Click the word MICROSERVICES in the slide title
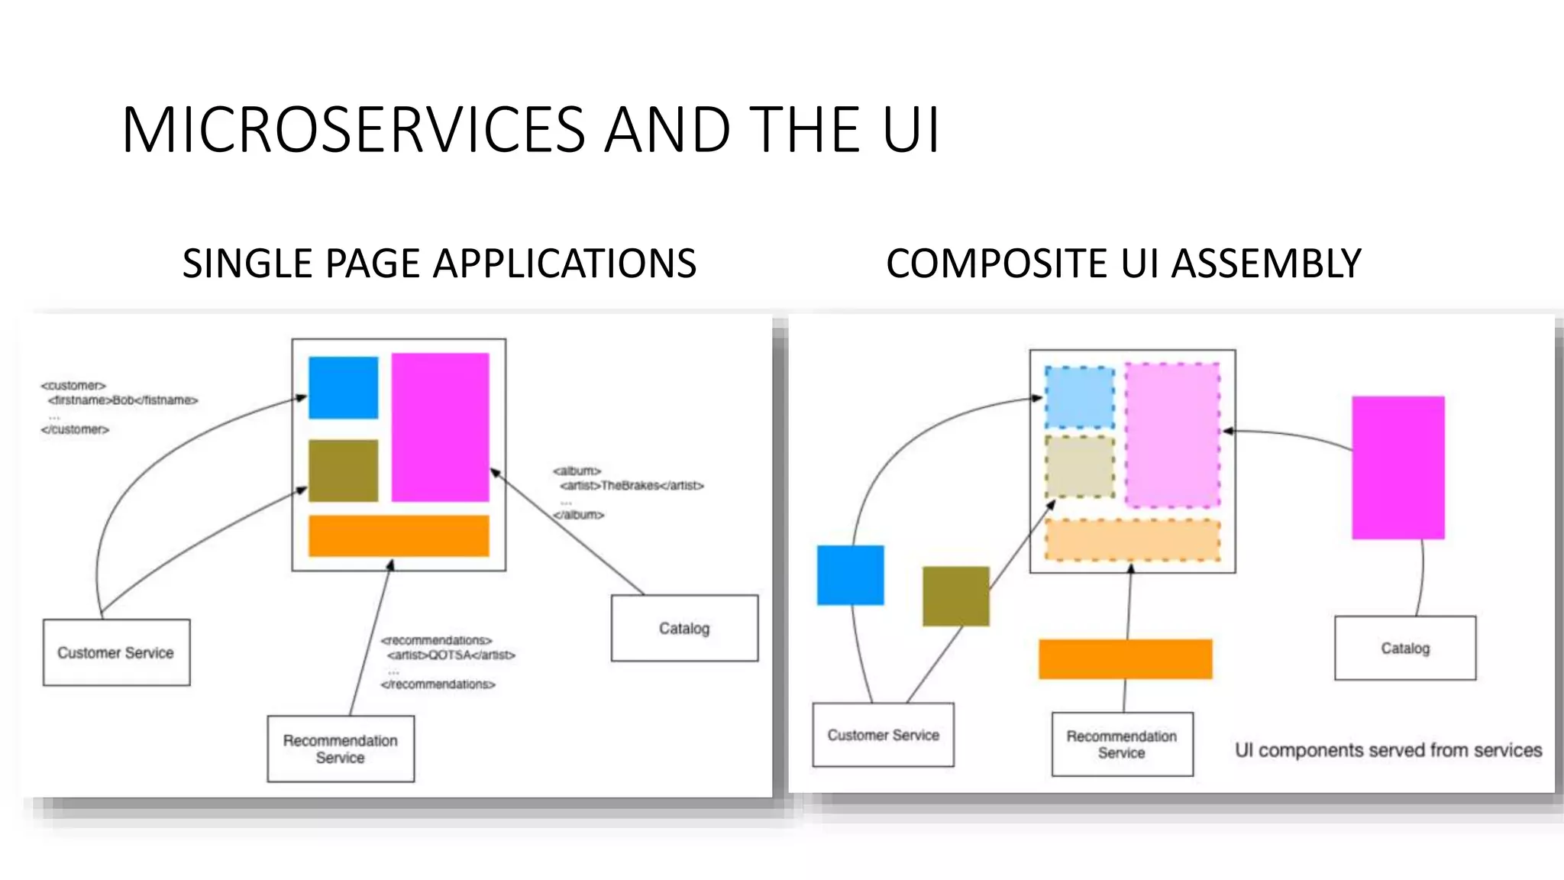[353, 130]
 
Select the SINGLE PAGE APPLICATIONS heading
[439, 264]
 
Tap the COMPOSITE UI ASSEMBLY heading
[1123, 264]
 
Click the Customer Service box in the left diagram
[116, 652]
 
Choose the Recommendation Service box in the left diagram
[341, 749]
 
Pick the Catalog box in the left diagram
[684, 628]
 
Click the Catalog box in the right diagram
[1405, 648]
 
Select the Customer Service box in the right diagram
[883, 735]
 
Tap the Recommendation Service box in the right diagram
[1122, 744]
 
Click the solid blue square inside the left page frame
[343, 387]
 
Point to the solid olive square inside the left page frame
[343, 471]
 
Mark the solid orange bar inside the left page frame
[399, 535]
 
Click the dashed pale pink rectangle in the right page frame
[1172, 435]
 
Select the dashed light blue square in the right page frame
[1079, 397]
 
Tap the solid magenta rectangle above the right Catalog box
[1398, 467]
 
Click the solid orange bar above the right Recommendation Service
[1125, 659]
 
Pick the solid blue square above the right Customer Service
[850, 575]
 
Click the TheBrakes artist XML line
[632, 486]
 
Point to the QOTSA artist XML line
[451, 655]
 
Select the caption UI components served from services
[1388, 750]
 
